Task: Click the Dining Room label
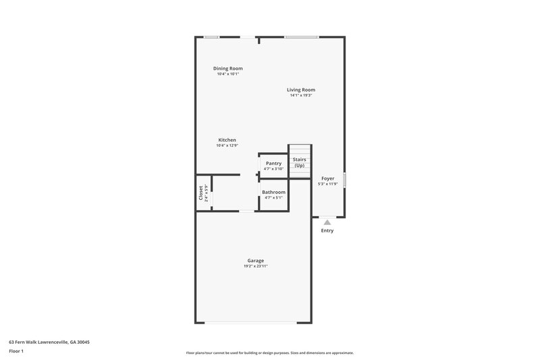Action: point(227,68)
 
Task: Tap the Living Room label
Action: point(301,89)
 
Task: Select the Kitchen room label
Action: point(227,140)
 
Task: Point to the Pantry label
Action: point(273,163)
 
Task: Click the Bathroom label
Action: point(273,192)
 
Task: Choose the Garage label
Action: point(255,260)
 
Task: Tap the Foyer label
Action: point(327,178)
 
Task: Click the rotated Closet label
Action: point(200,192)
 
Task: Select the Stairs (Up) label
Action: point(299,163)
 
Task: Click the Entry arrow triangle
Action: point(327,221)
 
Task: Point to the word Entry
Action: point(327,231)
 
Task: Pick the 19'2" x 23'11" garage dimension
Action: point(255,266)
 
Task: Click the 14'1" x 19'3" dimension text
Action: point(301,95)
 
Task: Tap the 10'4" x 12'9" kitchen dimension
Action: point(227,145)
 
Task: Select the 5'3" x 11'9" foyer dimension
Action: point(327,184)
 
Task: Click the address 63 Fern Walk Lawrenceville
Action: point(49,342)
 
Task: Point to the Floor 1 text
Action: point(16,351)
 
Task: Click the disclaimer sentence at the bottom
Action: point(269,353)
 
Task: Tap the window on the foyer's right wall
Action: point(344,180)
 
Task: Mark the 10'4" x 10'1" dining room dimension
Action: point(227,74)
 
